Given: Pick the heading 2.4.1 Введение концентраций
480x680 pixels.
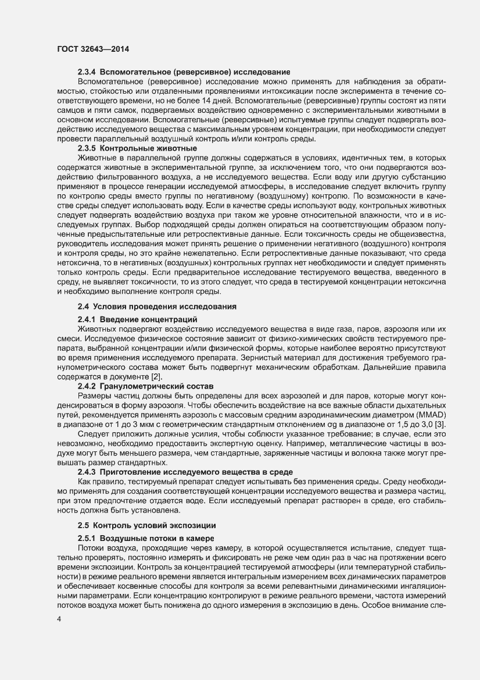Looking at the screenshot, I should tap(138, 319).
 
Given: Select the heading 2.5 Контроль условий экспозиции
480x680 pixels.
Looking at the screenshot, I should tap(146, 526).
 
